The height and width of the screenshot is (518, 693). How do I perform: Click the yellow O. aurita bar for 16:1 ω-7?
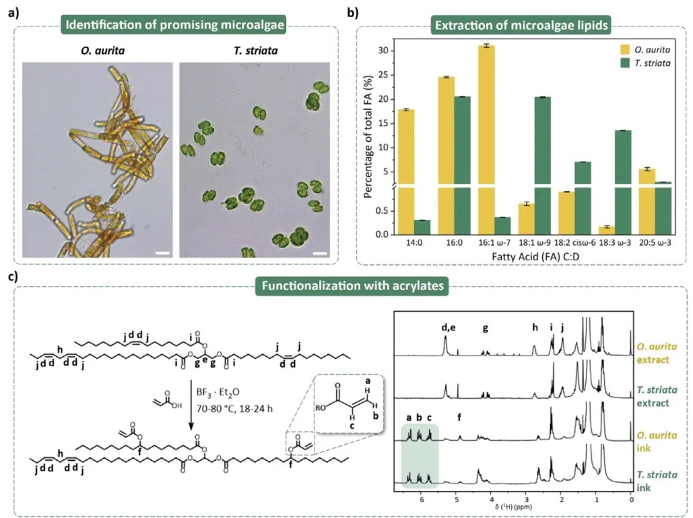click(x=486, y=135)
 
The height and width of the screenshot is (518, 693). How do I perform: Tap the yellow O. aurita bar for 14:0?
click(x=402, y=169)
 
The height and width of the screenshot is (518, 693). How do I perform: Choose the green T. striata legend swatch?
click(x=625, y=65)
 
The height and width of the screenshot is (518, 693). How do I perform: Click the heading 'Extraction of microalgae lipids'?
click(x=522, y=25)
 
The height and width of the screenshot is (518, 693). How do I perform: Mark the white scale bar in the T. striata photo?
click(x=319, y=254)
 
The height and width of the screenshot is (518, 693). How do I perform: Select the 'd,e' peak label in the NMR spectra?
click(x=448, y=328)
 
